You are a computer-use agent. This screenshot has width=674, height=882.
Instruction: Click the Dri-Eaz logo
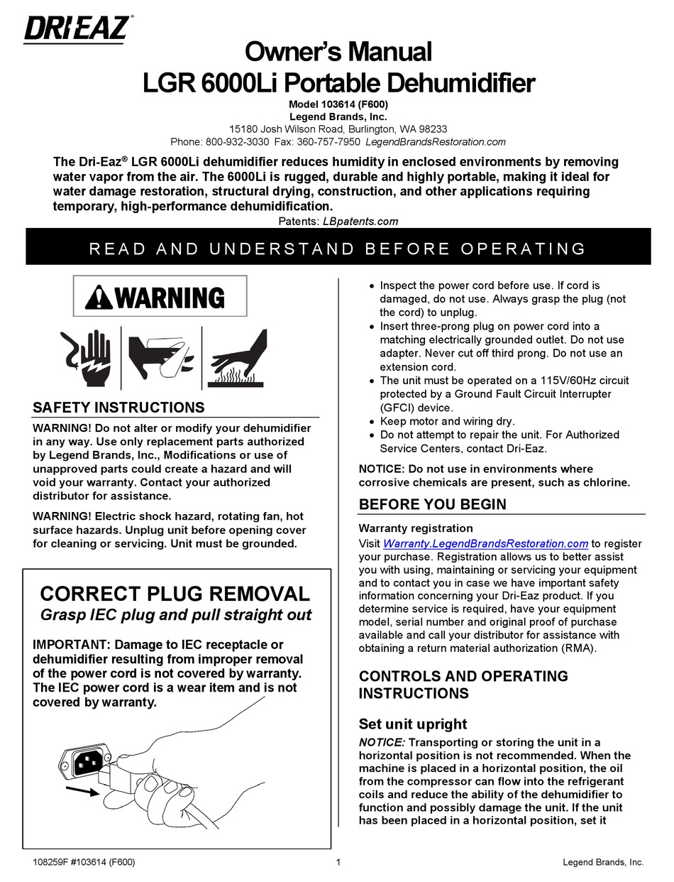coord(77,29)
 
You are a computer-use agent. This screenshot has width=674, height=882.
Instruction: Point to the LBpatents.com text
coord(360,221)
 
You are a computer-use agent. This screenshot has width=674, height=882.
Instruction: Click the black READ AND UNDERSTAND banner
coord(338,248)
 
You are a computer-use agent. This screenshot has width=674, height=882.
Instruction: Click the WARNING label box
coord(160,296)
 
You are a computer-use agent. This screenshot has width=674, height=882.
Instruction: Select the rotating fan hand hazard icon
coord(160,359)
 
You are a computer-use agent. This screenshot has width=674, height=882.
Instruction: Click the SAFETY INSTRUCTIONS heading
coord(118,408)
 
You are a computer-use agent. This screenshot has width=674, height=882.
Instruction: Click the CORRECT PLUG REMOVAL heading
coord(175,594)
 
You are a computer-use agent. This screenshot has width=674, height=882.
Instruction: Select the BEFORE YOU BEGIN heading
coord(432,504)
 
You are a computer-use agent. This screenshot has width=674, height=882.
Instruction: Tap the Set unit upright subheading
coord(413,724)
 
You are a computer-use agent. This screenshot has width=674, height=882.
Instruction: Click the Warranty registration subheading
coord(415,528)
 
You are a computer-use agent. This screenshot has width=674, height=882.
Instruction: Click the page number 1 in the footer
coord(338,863)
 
